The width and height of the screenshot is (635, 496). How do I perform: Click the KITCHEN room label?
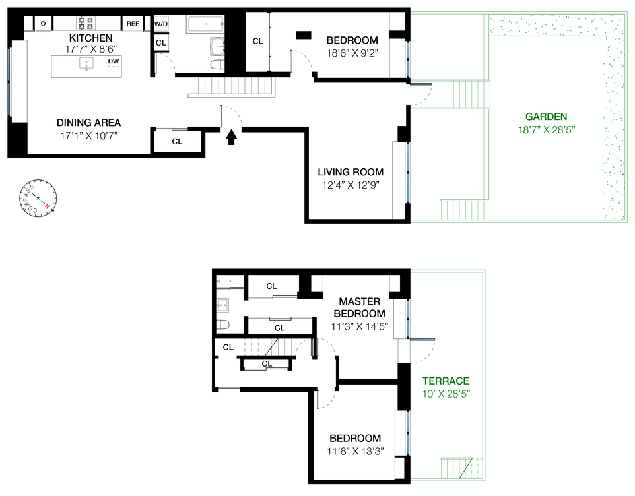[x=90, y=38]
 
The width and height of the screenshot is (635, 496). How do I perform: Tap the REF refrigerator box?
[x=133, y=24]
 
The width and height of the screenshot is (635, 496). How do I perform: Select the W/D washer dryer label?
[x=161, y=24]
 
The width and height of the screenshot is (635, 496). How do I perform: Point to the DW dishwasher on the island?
[x=114, y=61]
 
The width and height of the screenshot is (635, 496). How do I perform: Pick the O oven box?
[x=43, y=24]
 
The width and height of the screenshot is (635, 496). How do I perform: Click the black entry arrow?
[x=231, y=137]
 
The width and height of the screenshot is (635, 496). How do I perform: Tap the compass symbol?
[x=38, y=199]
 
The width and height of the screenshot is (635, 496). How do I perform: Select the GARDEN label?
[x=546, y=117]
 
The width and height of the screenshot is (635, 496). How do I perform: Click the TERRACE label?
[x=446, y=381]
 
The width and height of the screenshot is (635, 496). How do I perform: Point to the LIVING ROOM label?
[x=351, y=172]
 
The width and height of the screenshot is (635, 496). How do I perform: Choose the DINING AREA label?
[x=88, y=123]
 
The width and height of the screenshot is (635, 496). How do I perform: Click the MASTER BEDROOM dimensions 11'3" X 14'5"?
[x=360, y=326]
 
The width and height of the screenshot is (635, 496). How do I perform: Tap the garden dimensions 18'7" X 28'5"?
[x=547, y=130]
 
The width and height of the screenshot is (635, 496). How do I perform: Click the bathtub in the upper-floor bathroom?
[x=205, y=24]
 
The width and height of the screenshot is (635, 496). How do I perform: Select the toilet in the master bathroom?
[x=222, y=325]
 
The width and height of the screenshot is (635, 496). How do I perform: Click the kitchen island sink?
[x=86, y=63]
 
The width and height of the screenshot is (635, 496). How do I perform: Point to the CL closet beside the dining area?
[x=177, y=141]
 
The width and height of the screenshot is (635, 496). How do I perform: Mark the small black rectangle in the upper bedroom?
[x=304, y=35]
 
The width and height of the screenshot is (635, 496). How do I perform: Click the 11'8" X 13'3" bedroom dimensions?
[x=355, y=451]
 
